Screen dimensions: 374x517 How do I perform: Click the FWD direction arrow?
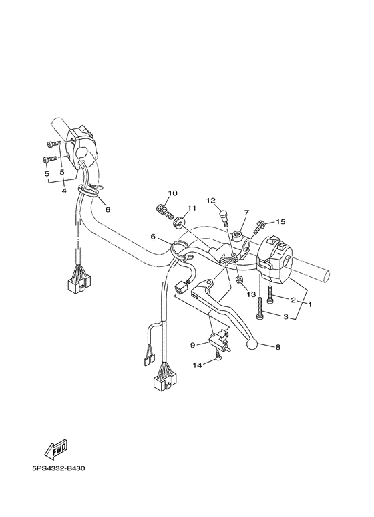click(56, 449)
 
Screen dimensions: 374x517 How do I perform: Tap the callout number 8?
click(278, 347)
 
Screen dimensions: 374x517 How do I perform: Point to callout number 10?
click(172, 193)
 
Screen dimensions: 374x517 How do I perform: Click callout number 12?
click(210, 200)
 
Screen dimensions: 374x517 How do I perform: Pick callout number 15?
click(281, 221)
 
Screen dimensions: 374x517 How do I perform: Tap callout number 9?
click(192, 345)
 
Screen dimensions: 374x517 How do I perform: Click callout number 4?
click(64, 191)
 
